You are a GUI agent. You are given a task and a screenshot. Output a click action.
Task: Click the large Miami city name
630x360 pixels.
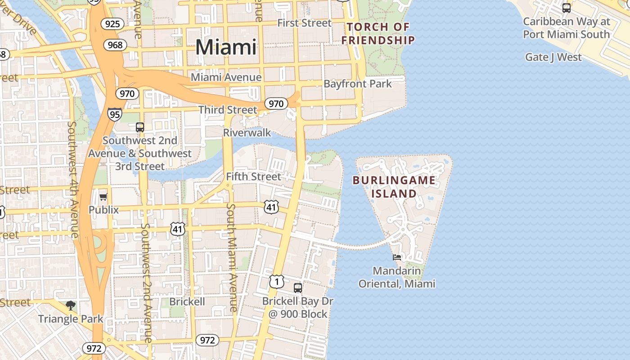(226, 47)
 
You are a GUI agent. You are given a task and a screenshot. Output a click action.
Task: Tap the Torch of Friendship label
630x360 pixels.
(378, 33)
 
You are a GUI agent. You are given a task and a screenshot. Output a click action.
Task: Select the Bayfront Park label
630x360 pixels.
(357, 84)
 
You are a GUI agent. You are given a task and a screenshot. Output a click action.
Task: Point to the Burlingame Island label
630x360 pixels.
(394, 187)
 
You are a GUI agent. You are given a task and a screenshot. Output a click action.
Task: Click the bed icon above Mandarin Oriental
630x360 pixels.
(397, 257)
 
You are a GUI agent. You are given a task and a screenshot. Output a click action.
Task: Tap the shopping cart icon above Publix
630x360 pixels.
(103, 196)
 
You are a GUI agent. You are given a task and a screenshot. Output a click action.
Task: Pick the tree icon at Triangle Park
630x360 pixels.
(70, 306)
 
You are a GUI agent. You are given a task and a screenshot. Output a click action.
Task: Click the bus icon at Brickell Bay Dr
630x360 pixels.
(297, 288)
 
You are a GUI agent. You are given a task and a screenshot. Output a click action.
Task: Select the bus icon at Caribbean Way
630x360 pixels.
(567, 8)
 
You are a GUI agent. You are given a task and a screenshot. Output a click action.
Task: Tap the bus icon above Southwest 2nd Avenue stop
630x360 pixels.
(140, 127)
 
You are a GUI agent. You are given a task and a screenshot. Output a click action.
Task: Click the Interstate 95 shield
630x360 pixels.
(115, 114)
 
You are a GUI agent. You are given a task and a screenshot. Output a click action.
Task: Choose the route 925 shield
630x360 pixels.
(112, 23)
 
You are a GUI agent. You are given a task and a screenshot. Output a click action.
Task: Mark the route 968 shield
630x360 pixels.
(115, 45)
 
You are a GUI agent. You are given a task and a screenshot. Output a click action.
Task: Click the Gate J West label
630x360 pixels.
(553, 57)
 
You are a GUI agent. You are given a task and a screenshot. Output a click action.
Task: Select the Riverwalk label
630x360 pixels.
(247, 132)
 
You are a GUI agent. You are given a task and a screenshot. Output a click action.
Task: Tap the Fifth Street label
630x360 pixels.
(253, 176)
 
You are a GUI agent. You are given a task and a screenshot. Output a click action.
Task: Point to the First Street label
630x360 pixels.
(304, 23)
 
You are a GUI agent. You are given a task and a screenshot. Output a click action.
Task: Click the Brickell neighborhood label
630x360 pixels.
(187, 301)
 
